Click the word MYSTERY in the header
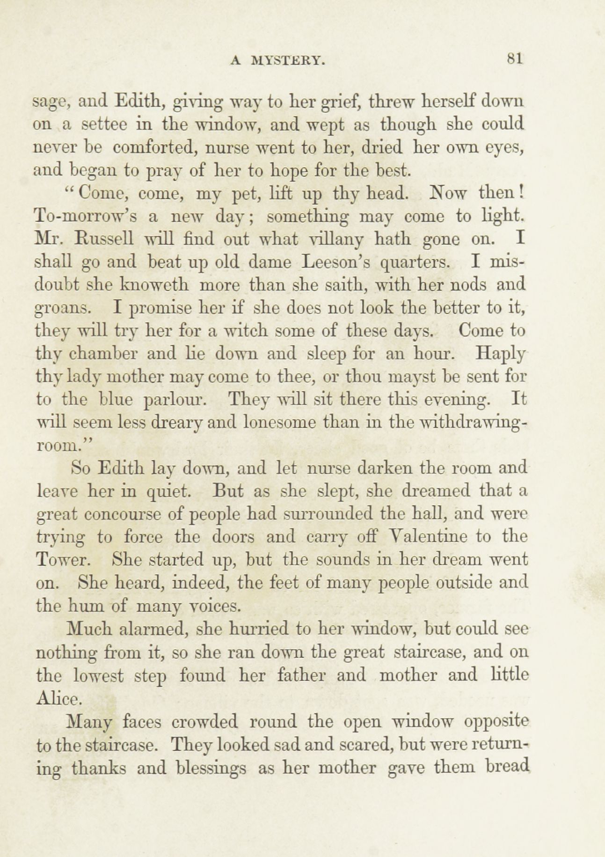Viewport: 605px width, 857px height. (288, 60)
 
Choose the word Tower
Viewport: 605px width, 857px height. (61, 560)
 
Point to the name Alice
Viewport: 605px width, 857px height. (59, 698)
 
